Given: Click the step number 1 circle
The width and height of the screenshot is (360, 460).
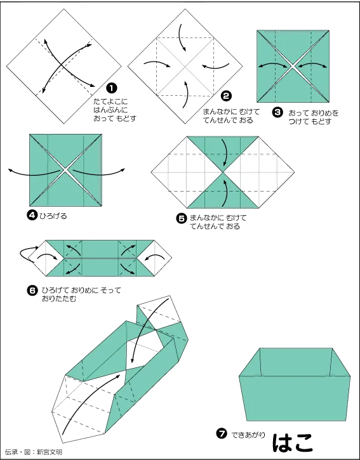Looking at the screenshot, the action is [112, 88].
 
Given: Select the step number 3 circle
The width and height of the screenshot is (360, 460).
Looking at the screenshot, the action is [277, 112].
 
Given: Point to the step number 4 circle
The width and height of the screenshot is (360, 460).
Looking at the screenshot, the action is [32, 216].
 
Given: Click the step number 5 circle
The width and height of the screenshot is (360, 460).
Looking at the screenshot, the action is [182, 218].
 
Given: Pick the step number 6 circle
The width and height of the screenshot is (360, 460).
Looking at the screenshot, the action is [32, 291].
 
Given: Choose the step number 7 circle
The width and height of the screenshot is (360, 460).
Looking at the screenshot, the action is [222, 433].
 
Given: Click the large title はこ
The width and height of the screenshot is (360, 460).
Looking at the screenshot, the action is [293, 442].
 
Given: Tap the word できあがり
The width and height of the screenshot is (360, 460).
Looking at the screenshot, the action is [248, 434].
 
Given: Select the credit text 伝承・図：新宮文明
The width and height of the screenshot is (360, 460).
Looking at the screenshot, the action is [34, 452].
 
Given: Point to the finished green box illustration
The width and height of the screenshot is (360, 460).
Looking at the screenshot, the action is [295, 384].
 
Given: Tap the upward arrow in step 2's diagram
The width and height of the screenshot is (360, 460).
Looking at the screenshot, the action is [185, 95].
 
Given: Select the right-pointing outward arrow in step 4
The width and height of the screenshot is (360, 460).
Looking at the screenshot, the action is [98, 173].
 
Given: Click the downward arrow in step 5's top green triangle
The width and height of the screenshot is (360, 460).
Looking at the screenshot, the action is [224, 152].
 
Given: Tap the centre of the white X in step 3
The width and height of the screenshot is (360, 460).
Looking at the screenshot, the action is [293, 66].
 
